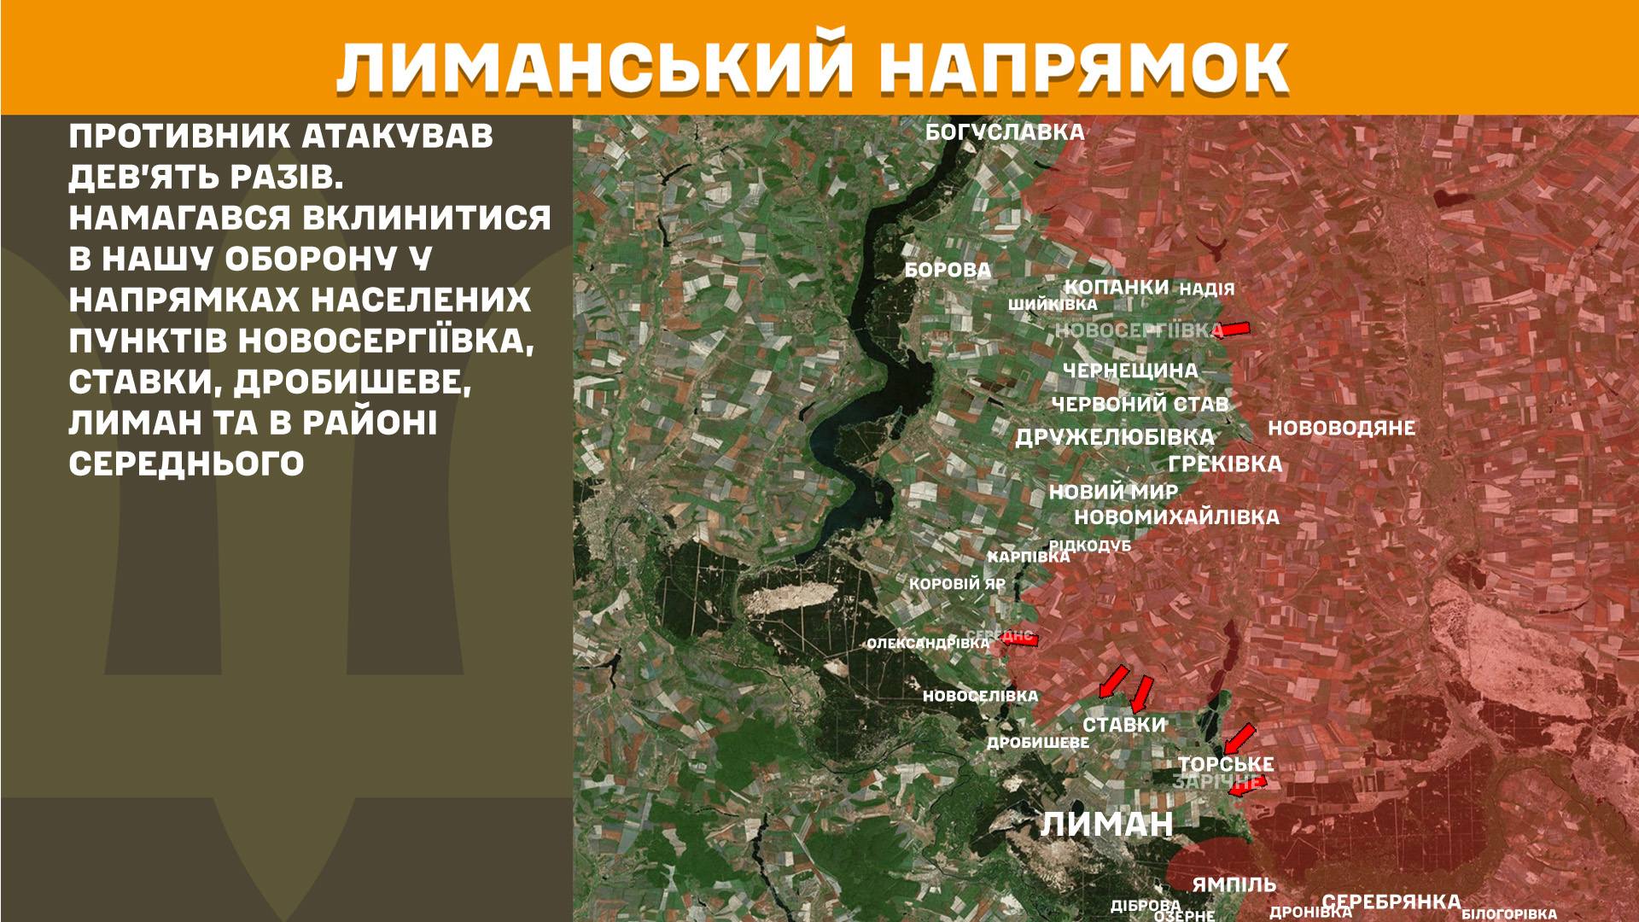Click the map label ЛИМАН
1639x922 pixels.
tap(1107, 825)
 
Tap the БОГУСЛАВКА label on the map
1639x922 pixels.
tap(1005, 132)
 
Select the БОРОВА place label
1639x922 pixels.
tap(948, 271)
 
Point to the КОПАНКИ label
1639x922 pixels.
tap(1117, 287)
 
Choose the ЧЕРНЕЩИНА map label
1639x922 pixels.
tap(1130, 371)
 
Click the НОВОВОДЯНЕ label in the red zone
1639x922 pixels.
tap(1341, 429)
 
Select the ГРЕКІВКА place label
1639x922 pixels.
tap(1225, 464)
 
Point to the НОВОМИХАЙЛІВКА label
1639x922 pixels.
tap(1176, 517)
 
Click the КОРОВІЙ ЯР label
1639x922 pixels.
tap(957, 585)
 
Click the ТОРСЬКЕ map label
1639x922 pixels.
tap(1226, 764)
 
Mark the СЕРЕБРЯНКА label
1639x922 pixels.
tap(1391, 902)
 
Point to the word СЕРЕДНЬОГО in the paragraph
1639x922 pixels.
tap(186, 464)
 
